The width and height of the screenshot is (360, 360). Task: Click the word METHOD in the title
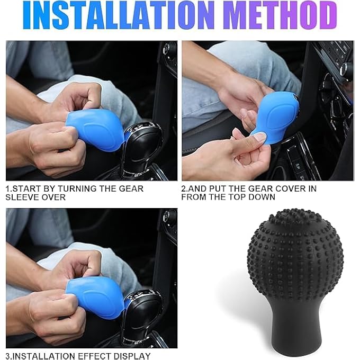(x=286, y=15)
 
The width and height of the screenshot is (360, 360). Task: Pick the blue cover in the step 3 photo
(x=96, y=296)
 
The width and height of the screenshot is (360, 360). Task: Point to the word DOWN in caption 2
(x=263, y=197)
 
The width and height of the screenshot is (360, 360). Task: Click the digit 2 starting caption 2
(x=184, y=188)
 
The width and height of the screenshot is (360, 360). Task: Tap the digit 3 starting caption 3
(x=8, y=356)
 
